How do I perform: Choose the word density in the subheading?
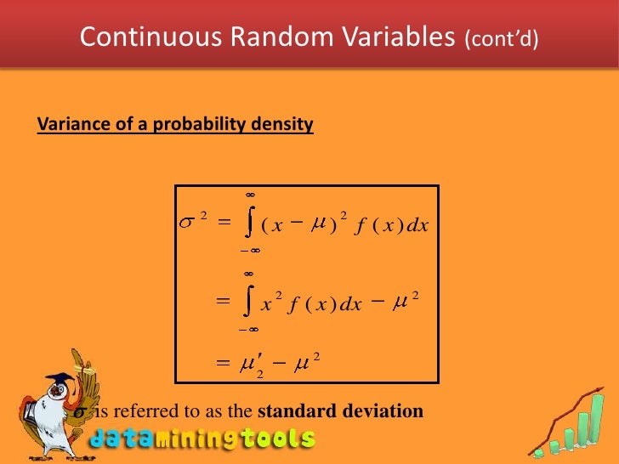283,125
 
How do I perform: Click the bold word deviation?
382,411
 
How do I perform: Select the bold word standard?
297,411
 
